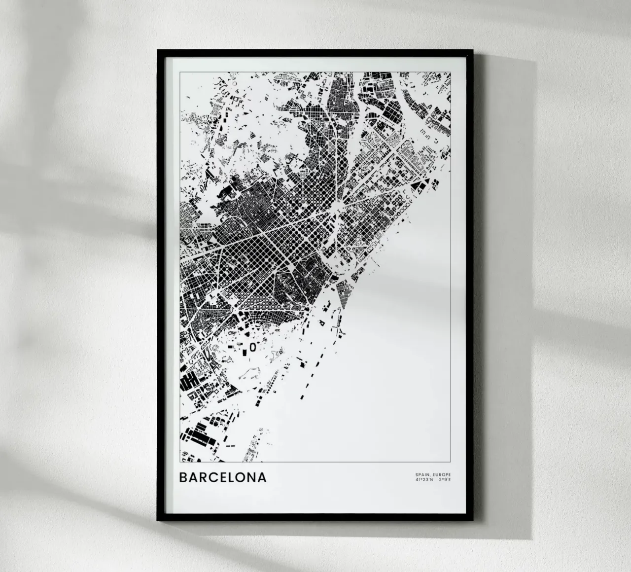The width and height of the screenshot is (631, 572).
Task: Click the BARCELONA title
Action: coord(223,477)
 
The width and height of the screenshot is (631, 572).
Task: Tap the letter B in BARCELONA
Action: coord(183,477)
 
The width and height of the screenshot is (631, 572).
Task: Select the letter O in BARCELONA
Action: coord(241,477)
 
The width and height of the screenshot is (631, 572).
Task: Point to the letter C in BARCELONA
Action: coord(212,477)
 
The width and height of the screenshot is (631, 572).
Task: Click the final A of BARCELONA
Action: coord(261,477)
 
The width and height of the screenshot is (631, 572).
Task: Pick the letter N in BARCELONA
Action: coord(251,477)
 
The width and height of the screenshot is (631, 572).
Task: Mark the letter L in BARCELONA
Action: coord(231,477)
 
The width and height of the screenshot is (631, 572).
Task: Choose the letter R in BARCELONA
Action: coord(203,477)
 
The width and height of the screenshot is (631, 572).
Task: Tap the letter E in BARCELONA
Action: coord(222,477)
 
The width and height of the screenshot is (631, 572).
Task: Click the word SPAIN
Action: coord(421,474)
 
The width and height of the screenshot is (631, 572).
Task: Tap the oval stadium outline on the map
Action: coord(252,347)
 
